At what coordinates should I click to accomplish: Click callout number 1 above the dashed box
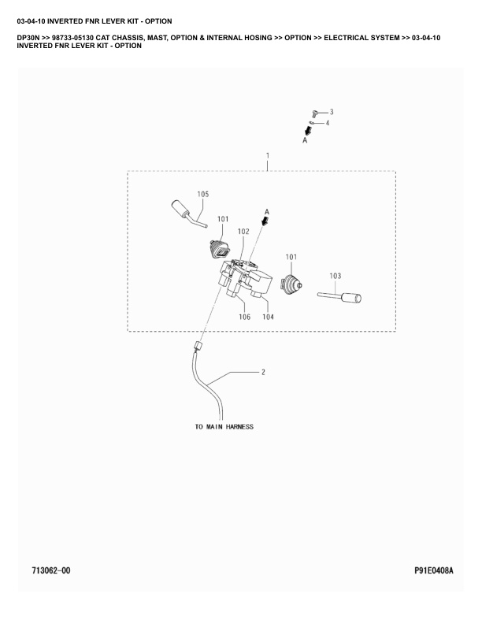[x=267, y=156]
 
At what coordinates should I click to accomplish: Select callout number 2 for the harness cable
[x=263, y=371]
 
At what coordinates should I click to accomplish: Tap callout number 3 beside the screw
[x=331, y=112]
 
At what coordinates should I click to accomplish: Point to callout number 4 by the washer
[x=328, y=123]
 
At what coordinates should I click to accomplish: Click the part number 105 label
[x=202, y=194]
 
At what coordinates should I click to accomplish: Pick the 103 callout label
[x=335, y=276]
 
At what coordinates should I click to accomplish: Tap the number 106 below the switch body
[x=244, y=317]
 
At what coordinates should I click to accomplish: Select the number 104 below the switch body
[x=268, y=317]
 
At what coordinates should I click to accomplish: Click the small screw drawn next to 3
[x=315, y=114]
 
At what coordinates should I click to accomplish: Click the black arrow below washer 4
[x=309, y=131]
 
